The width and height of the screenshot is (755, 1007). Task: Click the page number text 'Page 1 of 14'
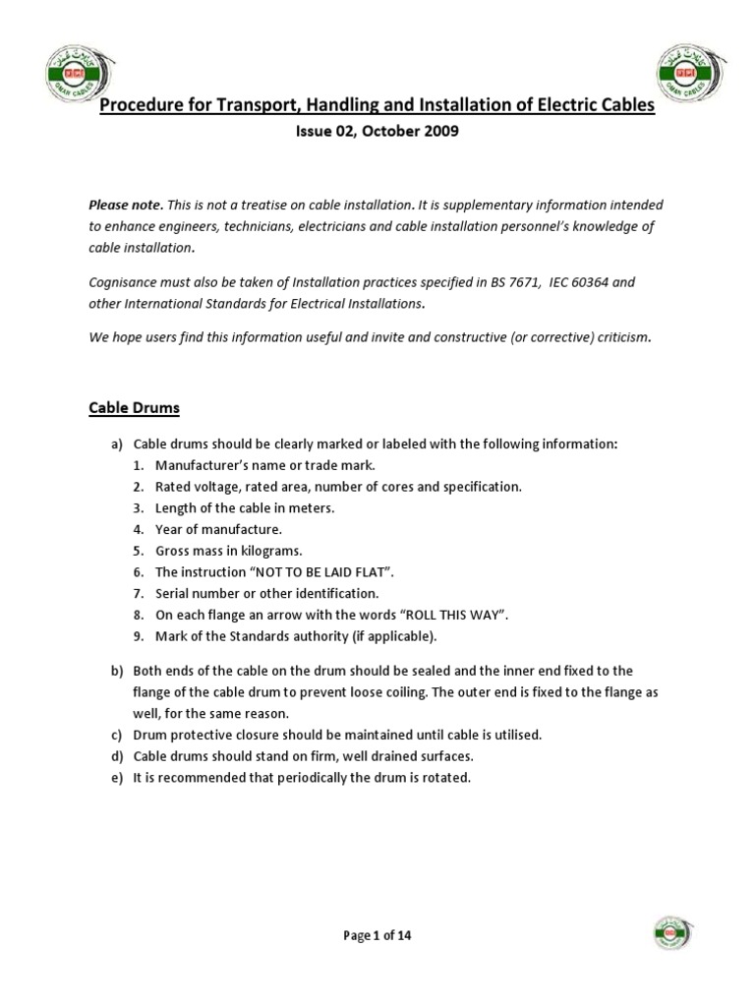pyautogui.click(x=377, y=936)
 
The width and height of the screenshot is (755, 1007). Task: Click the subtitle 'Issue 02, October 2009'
pyautogui.click(x=377, y=133)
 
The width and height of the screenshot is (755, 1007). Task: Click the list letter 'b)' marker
pyautogui.click(x=117, y=671)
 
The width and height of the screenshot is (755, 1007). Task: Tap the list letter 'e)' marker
pyautogui.click(x=117, y=778)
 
